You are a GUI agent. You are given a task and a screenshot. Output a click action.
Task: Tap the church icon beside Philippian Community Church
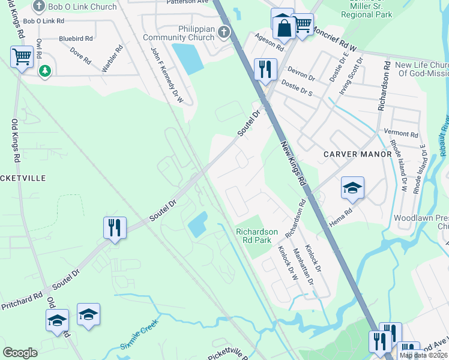pos(224,32)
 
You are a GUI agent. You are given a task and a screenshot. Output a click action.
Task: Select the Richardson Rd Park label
pos(257,236)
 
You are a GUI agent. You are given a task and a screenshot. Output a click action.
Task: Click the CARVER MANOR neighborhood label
pos(357,154)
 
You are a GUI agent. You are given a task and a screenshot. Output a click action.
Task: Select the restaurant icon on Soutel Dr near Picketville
pos(114,227)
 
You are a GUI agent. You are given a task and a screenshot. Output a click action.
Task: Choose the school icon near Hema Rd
pos(352,187)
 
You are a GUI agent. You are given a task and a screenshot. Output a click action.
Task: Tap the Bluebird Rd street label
pos(76,38)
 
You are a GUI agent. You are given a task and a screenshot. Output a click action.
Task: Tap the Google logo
pos(20,352)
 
